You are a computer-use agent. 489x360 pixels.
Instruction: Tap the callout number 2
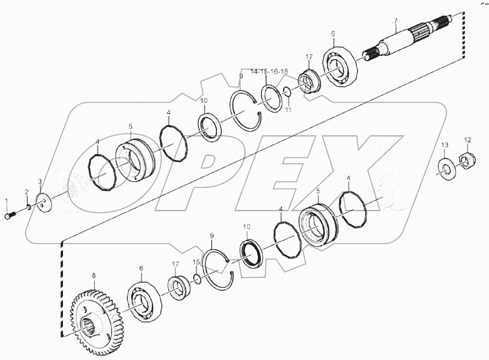[27, 192]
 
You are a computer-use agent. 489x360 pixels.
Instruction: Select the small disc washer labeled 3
[44, 202]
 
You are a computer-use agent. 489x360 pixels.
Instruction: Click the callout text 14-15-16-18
[269, 71]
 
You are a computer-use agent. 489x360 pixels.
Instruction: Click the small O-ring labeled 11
[287, 91]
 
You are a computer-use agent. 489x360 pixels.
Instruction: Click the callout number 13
[444, 145]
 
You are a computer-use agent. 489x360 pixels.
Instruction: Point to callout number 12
[467, 140]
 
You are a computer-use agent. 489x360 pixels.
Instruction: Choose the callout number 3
[40, 181]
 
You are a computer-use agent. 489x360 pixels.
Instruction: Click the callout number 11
[288, 110]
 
